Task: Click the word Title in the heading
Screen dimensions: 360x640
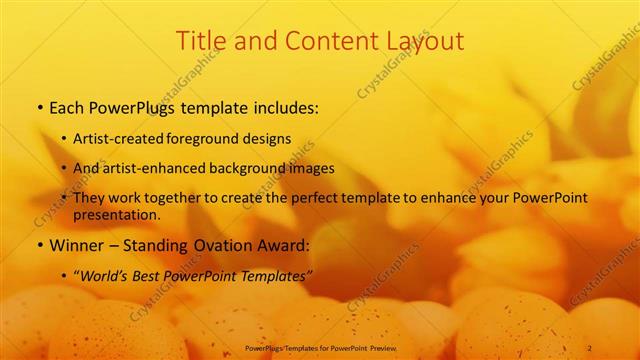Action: pos(200,42)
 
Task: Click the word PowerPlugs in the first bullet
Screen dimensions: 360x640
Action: pos(134,107)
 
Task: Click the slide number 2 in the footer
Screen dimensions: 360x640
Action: pos(603,348)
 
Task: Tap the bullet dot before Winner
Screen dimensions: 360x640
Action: pos(39,246)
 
